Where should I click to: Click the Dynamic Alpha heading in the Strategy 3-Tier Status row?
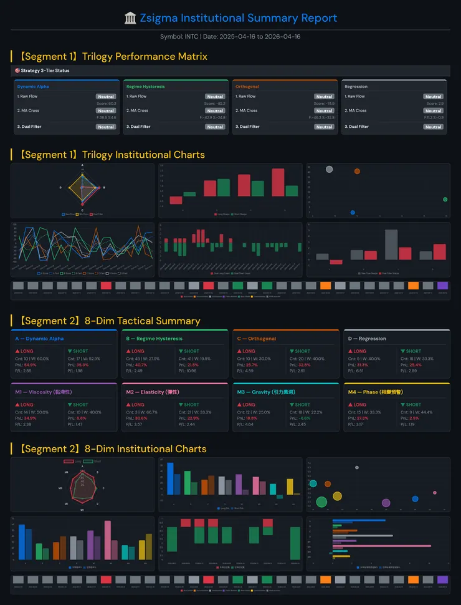click(x=32, y=87)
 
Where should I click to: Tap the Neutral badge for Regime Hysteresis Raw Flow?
click(x=215, y=97)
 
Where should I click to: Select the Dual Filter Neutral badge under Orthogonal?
click(x=324, y=127)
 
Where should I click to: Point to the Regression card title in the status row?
click(x=356, y=87)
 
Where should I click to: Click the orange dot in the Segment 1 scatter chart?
click(x=357, y=171)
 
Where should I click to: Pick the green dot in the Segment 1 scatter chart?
click(x=445, y=200)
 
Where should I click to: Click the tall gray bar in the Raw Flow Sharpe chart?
click(x=391, y=244)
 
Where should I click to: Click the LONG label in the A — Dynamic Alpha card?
click(x=26, y=351)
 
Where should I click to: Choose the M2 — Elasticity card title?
click(x=152, y=392)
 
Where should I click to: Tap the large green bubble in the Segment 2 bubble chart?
click(x=321, y=501)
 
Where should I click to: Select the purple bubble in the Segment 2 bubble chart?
click(x=386, y=503)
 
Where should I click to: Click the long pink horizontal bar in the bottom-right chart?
click(x=382, y=546)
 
